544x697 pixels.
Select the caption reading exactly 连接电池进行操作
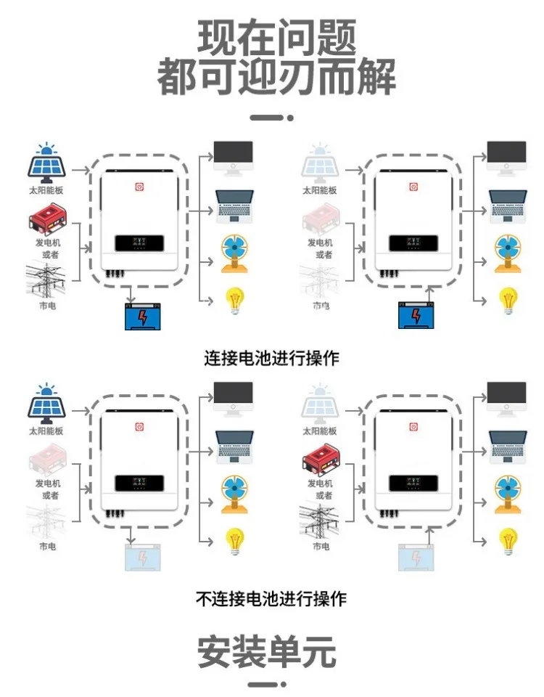(271, 358)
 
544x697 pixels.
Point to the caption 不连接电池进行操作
(271, 599)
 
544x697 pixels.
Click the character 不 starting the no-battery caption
(204, 599)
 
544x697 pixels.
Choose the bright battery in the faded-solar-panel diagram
(415, 314)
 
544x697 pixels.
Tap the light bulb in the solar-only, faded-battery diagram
(234, 539)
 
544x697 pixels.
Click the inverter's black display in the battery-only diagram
(411, 244)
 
